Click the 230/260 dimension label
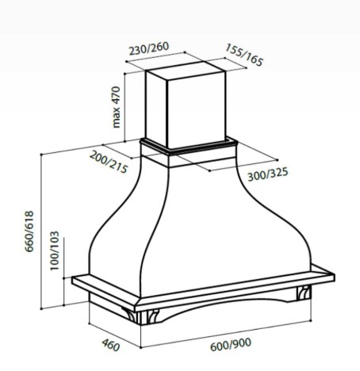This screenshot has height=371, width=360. click(x=149, y=48)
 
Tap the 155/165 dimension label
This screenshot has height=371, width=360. click(x=244, y=55)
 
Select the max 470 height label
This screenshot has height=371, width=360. click(x=117, y=107)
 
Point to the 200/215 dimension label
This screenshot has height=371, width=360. click(x=109, y=162)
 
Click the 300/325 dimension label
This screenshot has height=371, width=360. click(x=268, y=174)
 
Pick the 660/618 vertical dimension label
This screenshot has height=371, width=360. click(x=29, y=231)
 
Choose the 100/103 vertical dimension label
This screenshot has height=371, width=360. click(x=55, y=251)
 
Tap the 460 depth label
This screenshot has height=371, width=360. click(x=111, y=346)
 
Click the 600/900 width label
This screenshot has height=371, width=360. click(x=231, y=344)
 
